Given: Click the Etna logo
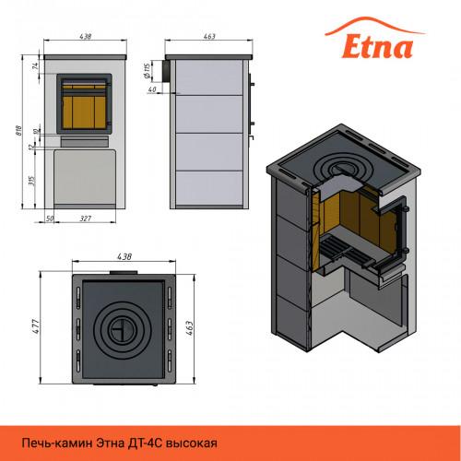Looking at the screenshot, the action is [x=375, y=39].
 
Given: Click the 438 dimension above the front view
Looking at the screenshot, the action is [x=86, y=36].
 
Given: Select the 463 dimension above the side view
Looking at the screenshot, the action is [x=209, y=36].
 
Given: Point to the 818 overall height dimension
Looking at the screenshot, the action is [x=19, y=130].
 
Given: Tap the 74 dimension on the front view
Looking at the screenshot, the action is [x=36, y=65].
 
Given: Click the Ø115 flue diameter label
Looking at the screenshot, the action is [x=147, y=71].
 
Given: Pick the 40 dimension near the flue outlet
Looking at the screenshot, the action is [x=152, y=89].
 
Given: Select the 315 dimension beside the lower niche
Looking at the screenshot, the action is [x=31, y=181].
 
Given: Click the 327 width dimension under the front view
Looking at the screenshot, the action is [x=86, y=219].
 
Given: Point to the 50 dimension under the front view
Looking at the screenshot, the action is [x=50, y=219].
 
